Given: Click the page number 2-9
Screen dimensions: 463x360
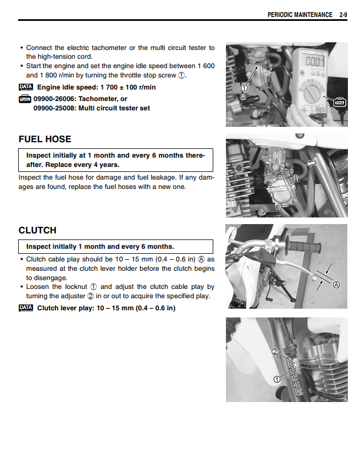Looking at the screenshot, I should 342,15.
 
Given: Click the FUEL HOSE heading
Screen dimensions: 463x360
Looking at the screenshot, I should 45,140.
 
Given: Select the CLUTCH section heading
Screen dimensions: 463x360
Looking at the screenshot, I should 37,231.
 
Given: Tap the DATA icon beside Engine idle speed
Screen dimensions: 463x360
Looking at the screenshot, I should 26,87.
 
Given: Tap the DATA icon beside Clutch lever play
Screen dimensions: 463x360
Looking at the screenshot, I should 26,308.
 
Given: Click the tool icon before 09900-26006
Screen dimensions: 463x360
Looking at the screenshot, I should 25,99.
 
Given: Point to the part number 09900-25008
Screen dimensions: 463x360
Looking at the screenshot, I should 53,108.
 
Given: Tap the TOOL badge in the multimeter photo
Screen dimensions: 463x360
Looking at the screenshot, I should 340,101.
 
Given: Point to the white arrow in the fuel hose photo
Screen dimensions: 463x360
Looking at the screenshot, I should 311,164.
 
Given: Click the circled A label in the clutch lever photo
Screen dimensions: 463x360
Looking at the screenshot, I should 336,285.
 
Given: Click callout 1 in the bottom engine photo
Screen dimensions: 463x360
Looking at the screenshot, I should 277,379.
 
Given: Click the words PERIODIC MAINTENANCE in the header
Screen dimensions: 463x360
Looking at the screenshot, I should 300,15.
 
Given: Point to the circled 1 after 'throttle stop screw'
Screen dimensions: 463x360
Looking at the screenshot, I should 181,75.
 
